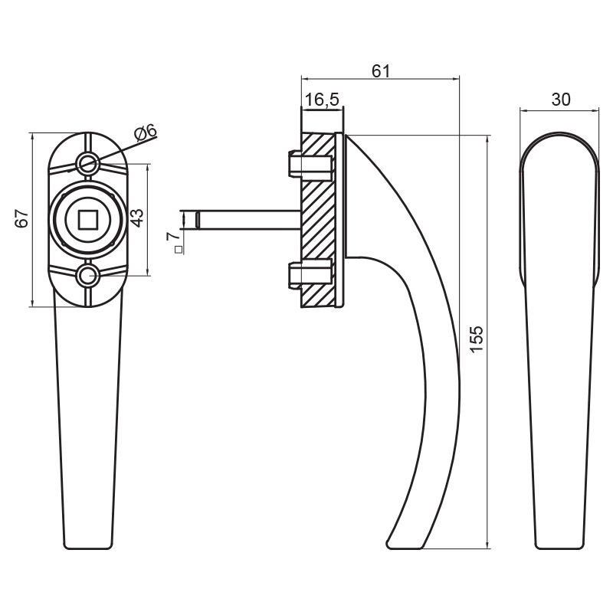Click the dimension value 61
coord(380,71)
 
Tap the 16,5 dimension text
coord(321,100)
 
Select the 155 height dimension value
coord(477,339)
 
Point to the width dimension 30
coord(561,100)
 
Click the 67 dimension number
coord(22,218)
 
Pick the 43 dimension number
coord(137,218)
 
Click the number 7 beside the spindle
coord(172,236)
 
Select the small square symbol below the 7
coord(179,250)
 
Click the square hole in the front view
coord(87,219)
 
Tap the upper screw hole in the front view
coord(87,162)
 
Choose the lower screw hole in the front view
coord(87,276)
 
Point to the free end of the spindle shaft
coord(197,220)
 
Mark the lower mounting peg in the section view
coord(310,275)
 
